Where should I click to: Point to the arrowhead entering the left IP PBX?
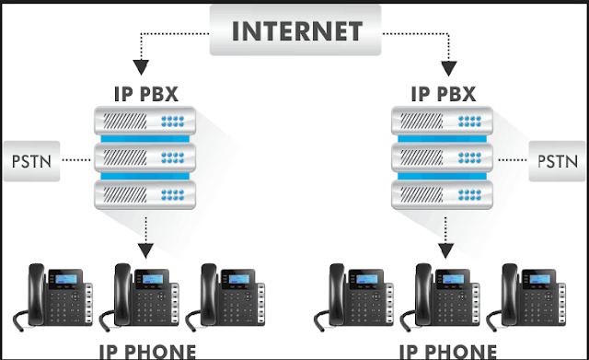pos(141,68)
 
